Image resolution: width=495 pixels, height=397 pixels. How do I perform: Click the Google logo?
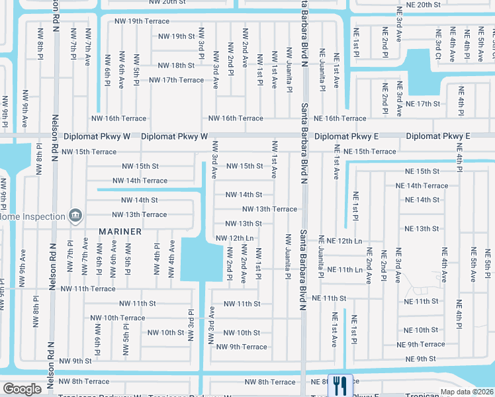click(x=22, y=388)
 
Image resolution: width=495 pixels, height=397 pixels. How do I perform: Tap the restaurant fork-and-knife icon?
click(x=340, y=384)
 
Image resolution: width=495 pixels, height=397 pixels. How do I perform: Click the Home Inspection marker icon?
click(x=75, y=216)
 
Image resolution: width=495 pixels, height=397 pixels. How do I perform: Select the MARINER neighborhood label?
click(x=120, y=232)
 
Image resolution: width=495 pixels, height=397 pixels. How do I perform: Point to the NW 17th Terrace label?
click(x=177, y=80)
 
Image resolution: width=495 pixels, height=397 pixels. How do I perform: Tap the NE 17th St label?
click(x=423, y=104)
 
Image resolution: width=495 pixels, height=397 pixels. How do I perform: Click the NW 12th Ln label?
click(x=234, y=238)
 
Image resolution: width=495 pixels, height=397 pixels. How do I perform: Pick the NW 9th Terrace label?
click(x=242, y=347)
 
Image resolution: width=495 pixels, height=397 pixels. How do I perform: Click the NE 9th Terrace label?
click(x=421, y=344)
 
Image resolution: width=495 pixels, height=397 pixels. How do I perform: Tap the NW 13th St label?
click(x=244, y=224)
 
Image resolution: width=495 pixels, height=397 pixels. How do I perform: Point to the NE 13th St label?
click(x=422, y=228)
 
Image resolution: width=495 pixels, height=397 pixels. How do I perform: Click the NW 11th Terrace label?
click(x=88, y=288)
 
